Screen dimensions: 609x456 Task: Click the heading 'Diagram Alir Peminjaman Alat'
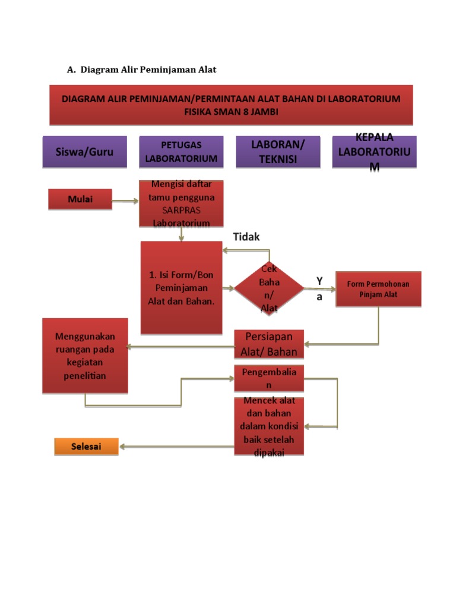click(x=148, y=70)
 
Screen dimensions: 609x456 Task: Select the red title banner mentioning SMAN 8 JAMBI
click(x=231, y=105)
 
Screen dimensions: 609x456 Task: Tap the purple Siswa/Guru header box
click(x=84, y=152)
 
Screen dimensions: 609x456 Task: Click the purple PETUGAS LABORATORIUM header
click(x=181, y=152)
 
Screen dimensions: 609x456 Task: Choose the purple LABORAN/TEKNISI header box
click(x=277, y=152)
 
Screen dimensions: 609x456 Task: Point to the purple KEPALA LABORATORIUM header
click(x=374, y=152)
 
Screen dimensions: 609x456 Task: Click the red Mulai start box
click(x=80, y=199)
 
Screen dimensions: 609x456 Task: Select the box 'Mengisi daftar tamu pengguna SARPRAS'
click(x=181, y=203)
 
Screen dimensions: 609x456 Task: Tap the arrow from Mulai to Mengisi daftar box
click(x=125, y=201)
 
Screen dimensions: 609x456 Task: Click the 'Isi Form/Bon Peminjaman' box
click(x=180, y=287)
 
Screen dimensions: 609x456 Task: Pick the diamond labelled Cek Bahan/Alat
click(x=269, y=288)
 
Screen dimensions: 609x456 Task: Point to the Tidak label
click(x=246, y=237)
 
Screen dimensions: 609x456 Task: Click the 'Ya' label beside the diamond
click(x=319, y=288)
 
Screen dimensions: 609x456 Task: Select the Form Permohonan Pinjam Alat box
click(x=378, y=289)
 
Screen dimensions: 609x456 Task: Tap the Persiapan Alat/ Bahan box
click(x=269, y=344)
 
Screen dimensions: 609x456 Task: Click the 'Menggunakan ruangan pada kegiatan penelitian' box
click(x=85, y=356)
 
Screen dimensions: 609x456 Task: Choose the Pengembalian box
click(x=269, y=378)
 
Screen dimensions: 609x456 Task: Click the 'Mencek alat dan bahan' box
click(x=269, y=426)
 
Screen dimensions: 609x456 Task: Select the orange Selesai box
click(x=87, y=446)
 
